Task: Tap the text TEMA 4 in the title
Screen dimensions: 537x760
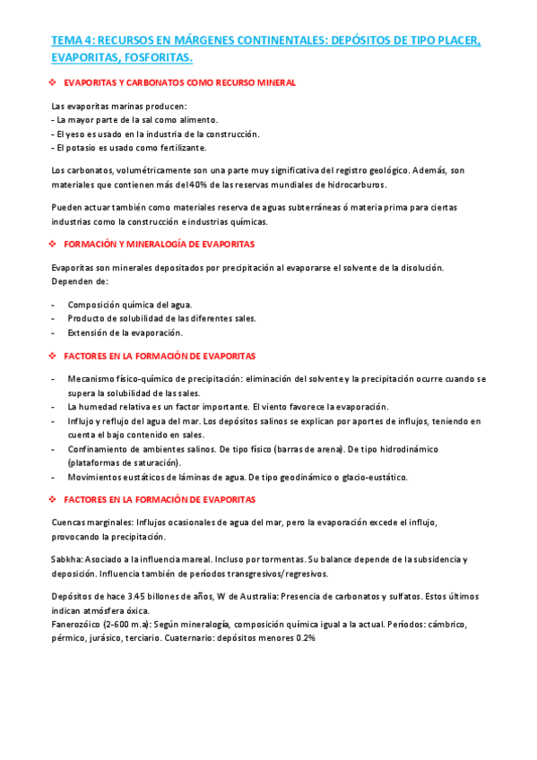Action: [71, 41]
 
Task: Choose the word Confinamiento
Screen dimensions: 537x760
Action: [100, 448]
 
